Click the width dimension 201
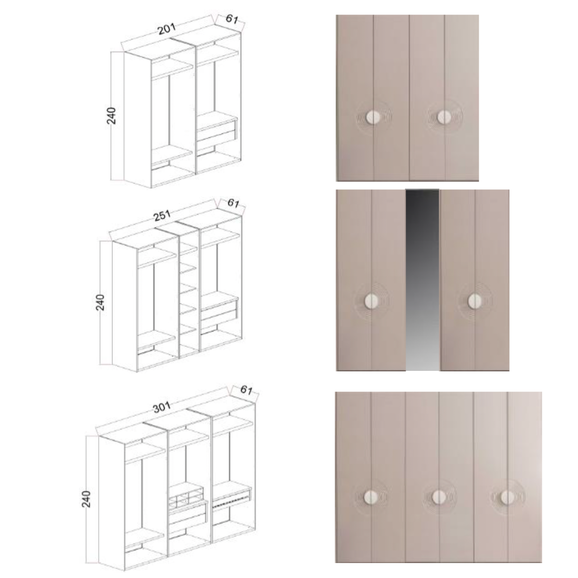point(166,30)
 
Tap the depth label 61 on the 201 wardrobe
point(232,20)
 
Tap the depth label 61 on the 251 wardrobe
point(233,203)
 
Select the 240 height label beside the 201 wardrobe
point(111,116)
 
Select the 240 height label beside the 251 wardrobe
point(100,302)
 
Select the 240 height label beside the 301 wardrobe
point(87,499)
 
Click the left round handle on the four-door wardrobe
point(373,117)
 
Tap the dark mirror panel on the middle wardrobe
point(422,279)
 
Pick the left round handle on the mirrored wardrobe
point(371,301)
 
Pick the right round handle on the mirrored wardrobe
point(474,301)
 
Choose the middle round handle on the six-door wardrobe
point(438,497)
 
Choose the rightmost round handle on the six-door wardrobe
point(507,497)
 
